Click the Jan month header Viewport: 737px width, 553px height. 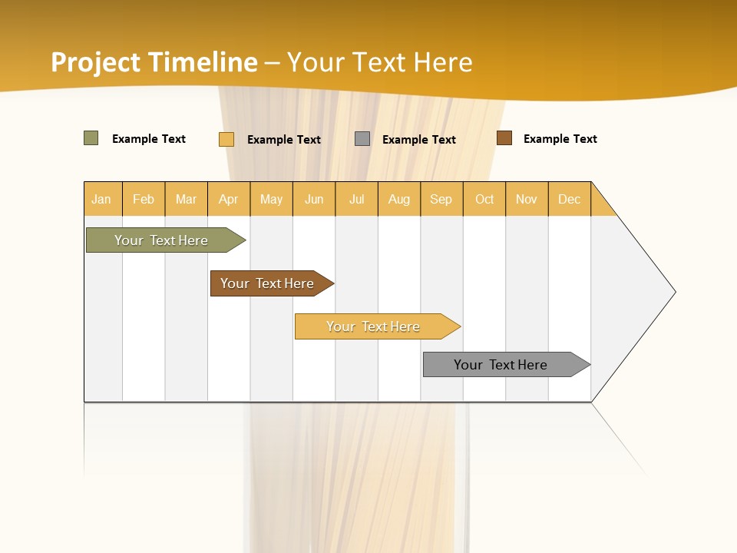102,199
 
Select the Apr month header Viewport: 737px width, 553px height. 229,199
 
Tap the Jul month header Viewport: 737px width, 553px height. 356,199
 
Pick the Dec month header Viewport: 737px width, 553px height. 569,199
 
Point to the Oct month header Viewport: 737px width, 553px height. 484,199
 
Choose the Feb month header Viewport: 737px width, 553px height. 144,199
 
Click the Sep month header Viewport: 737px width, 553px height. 441,199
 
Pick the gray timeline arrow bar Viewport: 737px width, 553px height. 504,365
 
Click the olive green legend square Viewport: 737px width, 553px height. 91,138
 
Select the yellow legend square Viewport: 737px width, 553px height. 226,139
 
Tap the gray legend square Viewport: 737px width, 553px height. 362,139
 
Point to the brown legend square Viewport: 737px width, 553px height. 504,138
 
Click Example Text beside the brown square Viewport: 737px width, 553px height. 560,139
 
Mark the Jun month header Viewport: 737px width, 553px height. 314,199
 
